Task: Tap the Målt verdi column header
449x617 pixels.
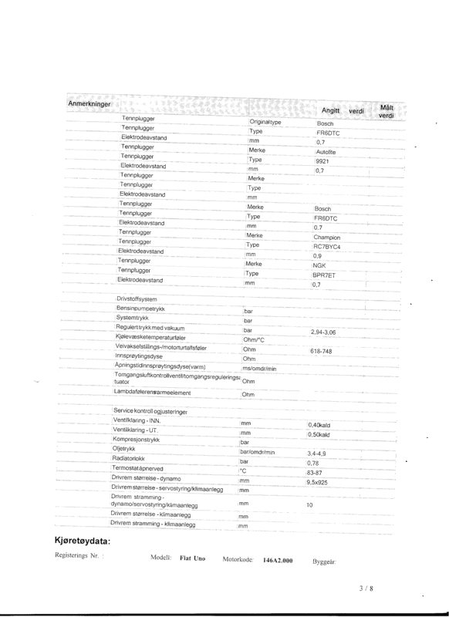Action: pyautogui.click(x=387, y=111)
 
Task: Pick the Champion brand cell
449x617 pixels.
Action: pyautogui.click(x=328, y=238)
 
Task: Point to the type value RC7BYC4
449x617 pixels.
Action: pyautogui.click(x=328, y=247)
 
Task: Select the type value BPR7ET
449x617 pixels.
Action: pyautogui.click(x=325, y=275)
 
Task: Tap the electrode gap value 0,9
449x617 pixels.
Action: pyautogui.click(x=317, y=256)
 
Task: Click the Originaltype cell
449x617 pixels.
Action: pyautogui.click(x=266, y=123)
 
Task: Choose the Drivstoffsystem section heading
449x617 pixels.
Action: pyautogui.click(x=137, y=298)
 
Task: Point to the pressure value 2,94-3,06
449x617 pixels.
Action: pyautogui.click(x=325, y=331)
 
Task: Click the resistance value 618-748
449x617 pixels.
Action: pyautogui.click(x=322, y=351)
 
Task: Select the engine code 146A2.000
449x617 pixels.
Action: pyautogui.click(x=279, y=561)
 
